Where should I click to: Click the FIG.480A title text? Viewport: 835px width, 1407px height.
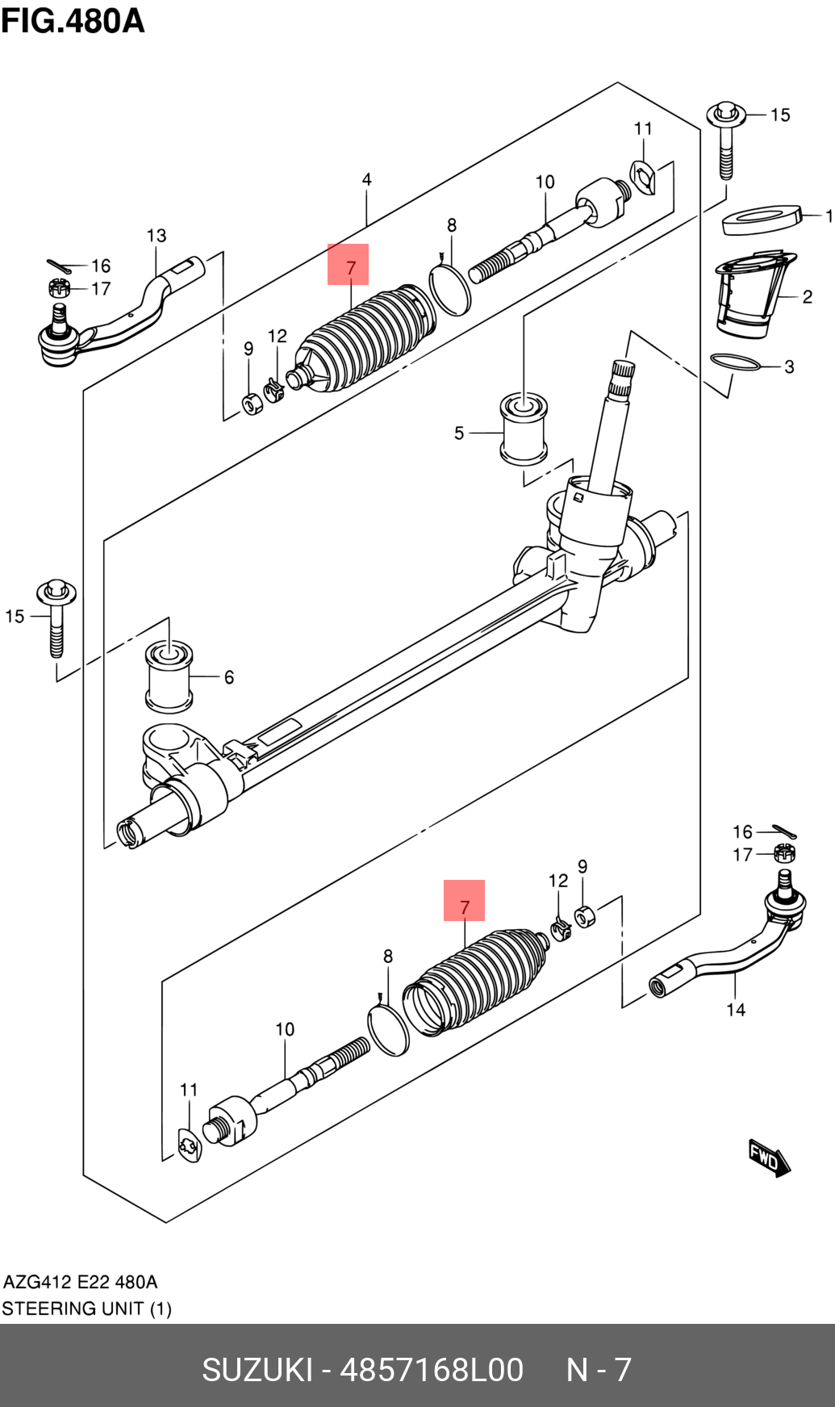pos(73,21)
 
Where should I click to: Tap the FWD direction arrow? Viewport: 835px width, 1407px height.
pos(769,1159)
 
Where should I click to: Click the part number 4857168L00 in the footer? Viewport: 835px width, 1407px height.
pos(432,1370)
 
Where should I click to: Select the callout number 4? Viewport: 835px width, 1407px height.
pos(367,179)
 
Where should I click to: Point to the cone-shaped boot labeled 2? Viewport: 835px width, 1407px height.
pos(750,296)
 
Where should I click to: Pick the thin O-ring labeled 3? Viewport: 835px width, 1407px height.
pos(735,362)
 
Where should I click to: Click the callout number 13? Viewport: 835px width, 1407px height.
pos(157,236)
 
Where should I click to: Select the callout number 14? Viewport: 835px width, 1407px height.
pos(735,1010)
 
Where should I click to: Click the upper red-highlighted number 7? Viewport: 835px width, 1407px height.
pos(349,265)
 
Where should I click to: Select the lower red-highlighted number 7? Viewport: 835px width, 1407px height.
pos(465,902)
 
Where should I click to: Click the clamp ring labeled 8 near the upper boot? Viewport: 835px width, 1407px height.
pos(450,291)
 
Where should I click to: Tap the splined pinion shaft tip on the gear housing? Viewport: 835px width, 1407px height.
pos(621,379)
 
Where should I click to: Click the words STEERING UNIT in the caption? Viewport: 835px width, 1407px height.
pos(73,1308)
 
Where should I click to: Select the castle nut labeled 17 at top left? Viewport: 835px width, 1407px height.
pos(59,287)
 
